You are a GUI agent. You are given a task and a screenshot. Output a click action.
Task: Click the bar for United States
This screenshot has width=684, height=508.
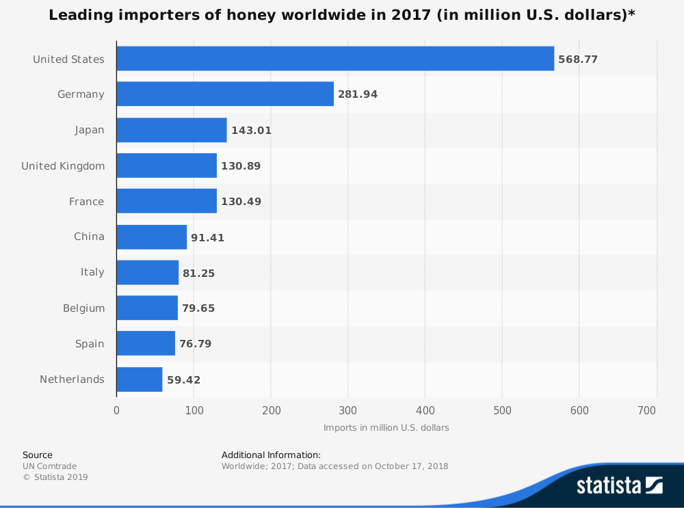click(x=335, y=58)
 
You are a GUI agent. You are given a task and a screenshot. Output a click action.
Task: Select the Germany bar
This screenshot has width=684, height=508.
click(x=225, y=94)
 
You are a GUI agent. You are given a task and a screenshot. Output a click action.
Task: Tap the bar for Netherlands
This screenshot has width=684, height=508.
click(x=140, y=379)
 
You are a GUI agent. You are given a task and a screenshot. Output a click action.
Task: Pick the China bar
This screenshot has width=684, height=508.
click(x=152, y=237)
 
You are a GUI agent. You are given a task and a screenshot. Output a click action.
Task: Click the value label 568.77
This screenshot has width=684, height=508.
click(x=578, y=59)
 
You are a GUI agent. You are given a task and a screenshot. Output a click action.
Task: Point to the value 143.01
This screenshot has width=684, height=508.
click(x=251, y=131)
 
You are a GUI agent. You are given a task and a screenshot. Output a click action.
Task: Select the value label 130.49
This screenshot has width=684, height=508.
click(x=241, y=202)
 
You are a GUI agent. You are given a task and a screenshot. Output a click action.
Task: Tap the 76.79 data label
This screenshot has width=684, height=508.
click(x=196, y=344)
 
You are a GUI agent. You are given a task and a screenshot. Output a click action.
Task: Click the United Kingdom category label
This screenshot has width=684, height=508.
click(x=63, y=166)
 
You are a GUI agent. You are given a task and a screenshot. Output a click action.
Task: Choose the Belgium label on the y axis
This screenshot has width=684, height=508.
click(x=83, y=308)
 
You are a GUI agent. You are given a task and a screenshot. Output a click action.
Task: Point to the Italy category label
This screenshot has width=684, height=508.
click(x=92, y=272)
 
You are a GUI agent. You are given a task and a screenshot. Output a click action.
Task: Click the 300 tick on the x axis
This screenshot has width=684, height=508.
click(x=348, y=410)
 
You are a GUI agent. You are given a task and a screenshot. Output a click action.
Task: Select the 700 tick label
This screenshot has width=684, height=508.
click(x=646, y=410)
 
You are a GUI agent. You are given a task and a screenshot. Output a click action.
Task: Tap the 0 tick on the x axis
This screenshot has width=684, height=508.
click(x=116, y=410)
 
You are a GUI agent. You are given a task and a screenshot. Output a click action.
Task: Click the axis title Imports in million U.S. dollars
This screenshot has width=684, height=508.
click(x=386, y=428)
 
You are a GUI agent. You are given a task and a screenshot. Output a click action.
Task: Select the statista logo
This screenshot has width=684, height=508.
click(x=620, y=485)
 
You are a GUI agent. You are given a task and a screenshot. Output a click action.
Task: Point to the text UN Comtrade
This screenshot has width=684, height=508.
click(x=50, y=466)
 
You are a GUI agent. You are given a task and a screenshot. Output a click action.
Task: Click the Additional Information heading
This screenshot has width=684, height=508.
click(x=272, y=455)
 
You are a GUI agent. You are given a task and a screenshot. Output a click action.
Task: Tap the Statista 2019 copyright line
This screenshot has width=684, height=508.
click(x=55, y=477)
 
